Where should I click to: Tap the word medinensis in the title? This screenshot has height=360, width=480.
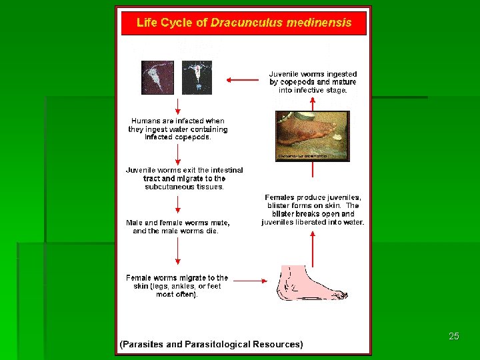point(319,23)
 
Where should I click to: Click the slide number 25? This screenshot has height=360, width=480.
point(454,336)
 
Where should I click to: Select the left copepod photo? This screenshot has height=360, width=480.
point(157,78)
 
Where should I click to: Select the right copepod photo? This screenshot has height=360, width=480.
point(197,78)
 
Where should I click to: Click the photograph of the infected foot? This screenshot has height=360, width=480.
point(312,135)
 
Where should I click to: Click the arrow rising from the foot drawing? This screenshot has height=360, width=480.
point(313,247)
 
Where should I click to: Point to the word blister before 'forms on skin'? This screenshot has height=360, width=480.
point(279,206)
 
